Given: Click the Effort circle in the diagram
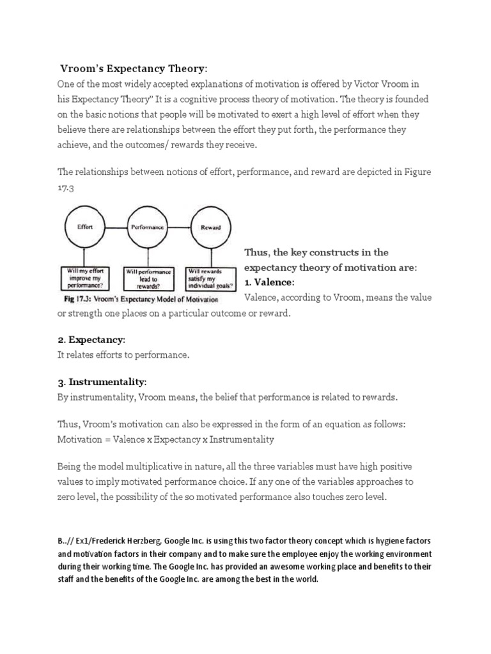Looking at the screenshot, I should coord(86,227).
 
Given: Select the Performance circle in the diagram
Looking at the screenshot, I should coord(147,227).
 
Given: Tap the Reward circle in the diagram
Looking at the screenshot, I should coord(211,227).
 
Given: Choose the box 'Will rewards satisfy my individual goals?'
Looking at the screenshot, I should coord(210,278).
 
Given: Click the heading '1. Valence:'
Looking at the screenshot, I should coord(269,282).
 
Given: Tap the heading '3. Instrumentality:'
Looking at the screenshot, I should coord(102,382).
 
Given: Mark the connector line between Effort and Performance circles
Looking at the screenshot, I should coord(116,227).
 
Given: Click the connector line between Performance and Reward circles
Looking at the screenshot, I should coord(179,227).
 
